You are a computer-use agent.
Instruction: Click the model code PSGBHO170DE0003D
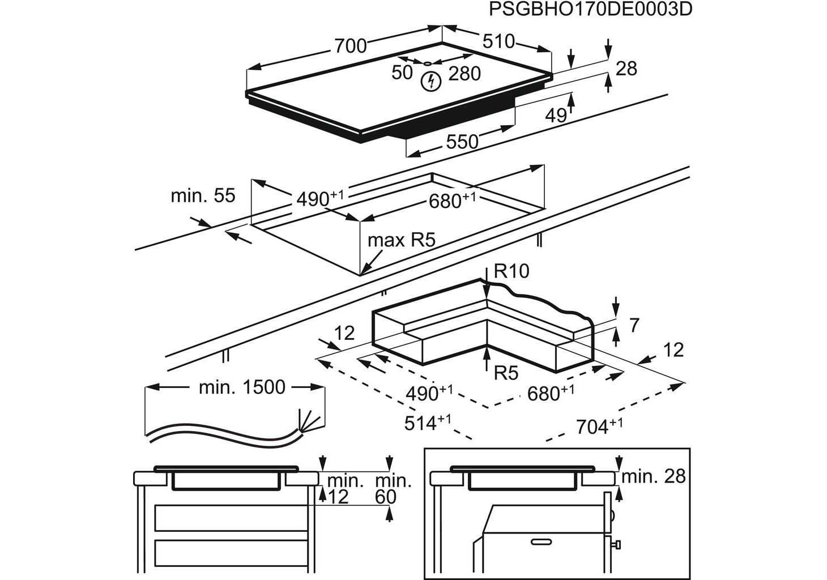click(x=590, y=10)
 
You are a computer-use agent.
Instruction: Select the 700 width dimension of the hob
click(x=351, y=45)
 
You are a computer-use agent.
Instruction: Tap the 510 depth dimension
click(x=498, y=41)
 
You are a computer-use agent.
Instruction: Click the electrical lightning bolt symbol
click(x=431, y=82)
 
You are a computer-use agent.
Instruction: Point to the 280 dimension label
click(x=464, y=74)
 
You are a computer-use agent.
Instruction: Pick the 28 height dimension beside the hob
click(x=626, y=69)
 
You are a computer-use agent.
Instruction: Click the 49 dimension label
click(x=556, y=116)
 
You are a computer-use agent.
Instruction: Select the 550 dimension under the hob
click(x=462, y=142)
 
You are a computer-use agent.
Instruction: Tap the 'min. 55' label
click(x=203, y=196)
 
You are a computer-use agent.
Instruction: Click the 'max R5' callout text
click(x=401, y=240)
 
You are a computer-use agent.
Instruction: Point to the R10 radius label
click(x=511, y=271)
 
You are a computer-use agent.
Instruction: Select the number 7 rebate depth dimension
click(x=634, y=326)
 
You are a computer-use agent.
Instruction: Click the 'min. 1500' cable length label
click(x=242, y=387)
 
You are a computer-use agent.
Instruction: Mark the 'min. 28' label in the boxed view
click(x=653, y=476)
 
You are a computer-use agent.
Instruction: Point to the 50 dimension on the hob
click(x=402, y=72)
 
